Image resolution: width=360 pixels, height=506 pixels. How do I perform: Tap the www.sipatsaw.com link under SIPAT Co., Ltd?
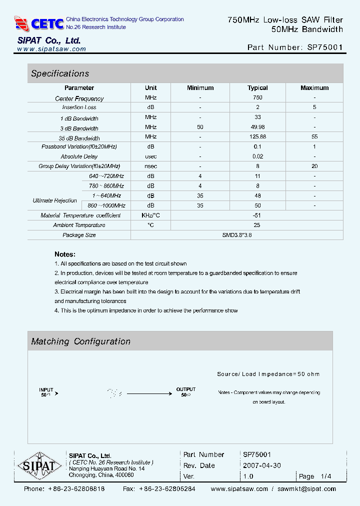pos(51,49)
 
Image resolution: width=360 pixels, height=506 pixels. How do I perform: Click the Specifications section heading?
pos(60,73)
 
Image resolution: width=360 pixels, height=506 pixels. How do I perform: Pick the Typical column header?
pos(257,88)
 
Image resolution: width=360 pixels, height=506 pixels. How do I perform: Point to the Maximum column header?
pos(314,88)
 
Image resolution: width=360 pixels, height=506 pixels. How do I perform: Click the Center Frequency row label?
pos(79,98)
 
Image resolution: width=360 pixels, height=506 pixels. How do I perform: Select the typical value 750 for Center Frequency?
pos(257,97)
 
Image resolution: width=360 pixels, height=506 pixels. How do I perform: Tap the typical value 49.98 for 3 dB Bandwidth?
pos(257,127)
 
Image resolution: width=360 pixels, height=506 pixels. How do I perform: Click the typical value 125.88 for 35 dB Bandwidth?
pos(257,137)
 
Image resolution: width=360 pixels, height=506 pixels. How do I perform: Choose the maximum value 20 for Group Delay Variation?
pos(314,166)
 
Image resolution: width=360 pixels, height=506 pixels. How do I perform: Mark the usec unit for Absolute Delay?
pos(150,156)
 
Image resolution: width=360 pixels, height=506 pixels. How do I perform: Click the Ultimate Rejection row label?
pos(55,200)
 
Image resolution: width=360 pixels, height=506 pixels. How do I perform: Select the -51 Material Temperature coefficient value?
pos(257,215)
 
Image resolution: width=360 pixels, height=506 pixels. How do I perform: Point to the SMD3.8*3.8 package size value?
pos(237,235)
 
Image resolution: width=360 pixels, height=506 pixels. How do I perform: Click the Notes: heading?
pos(65,254)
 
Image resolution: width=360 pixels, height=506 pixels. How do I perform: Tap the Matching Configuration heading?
pos(80,341)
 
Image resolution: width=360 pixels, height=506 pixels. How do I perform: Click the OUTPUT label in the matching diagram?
pos(185,389)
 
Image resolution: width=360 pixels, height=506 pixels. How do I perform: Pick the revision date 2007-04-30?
pos(262,465)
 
